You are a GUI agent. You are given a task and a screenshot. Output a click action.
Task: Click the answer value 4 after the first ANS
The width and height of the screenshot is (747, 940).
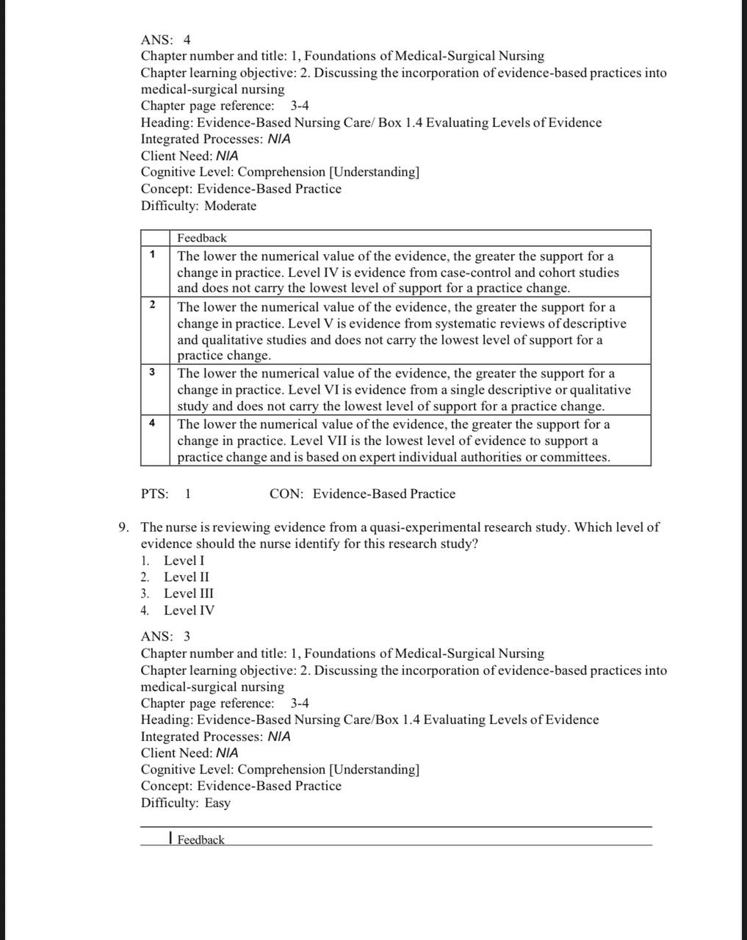[187, 40]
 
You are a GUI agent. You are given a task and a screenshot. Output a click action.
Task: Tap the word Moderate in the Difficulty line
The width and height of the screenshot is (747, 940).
[231, 206]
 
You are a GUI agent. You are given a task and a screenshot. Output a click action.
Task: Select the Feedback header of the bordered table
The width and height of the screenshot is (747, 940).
[202, 238]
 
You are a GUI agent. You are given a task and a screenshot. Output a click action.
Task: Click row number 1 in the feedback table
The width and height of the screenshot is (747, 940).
[152, 254]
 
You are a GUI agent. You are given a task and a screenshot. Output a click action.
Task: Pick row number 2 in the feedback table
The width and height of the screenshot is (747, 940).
[152, 304]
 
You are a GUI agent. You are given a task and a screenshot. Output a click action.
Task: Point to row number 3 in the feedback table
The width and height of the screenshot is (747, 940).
[152, 372]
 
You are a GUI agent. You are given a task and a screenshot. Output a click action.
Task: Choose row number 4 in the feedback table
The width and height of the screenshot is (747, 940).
[152, 422]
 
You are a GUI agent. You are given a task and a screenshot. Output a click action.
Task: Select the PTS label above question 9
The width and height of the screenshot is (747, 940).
[154, 493]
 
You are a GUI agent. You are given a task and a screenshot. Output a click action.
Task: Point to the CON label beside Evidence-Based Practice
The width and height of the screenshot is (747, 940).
[286, 493]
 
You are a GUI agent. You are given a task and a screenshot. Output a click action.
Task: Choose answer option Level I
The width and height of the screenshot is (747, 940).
[184, 560]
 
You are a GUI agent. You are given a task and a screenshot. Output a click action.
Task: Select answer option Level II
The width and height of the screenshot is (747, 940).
[187, 577]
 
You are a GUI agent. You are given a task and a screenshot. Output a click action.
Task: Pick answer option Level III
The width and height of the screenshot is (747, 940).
[189, 593]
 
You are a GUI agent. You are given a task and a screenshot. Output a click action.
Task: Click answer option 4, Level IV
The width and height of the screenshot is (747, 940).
[189, 610]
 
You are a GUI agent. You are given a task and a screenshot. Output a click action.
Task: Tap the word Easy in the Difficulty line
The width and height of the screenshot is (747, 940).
[217, 803]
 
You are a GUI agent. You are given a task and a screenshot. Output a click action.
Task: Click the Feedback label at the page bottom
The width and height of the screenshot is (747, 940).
[201, 840]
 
